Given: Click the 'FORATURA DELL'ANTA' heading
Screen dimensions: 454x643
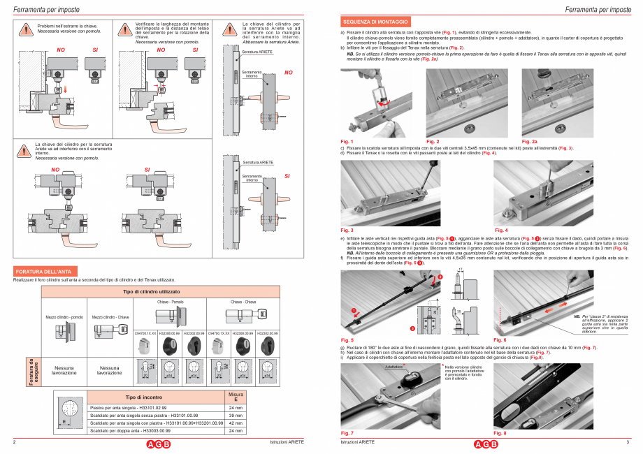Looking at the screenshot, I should (x=45, y=270).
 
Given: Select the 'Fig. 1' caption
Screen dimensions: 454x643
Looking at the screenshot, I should (x=347, y=142).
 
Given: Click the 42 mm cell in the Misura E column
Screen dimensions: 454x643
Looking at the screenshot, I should (x=236, y=423).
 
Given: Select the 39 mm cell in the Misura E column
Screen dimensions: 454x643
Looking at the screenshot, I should (x=236, y=414).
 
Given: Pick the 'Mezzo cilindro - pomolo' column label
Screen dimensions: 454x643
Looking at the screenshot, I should (x=64, y=316).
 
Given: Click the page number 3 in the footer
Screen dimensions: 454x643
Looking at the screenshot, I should (x=627, y=443).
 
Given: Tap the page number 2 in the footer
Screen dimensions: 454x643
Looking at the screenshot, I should (x=15, y=443).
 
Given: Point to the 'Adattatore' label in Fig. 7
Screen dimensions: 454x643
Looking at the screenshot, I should (x=393, y=366).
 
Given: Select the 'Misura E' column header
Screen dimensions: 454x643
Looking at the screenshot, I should (x=236, y=397).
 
